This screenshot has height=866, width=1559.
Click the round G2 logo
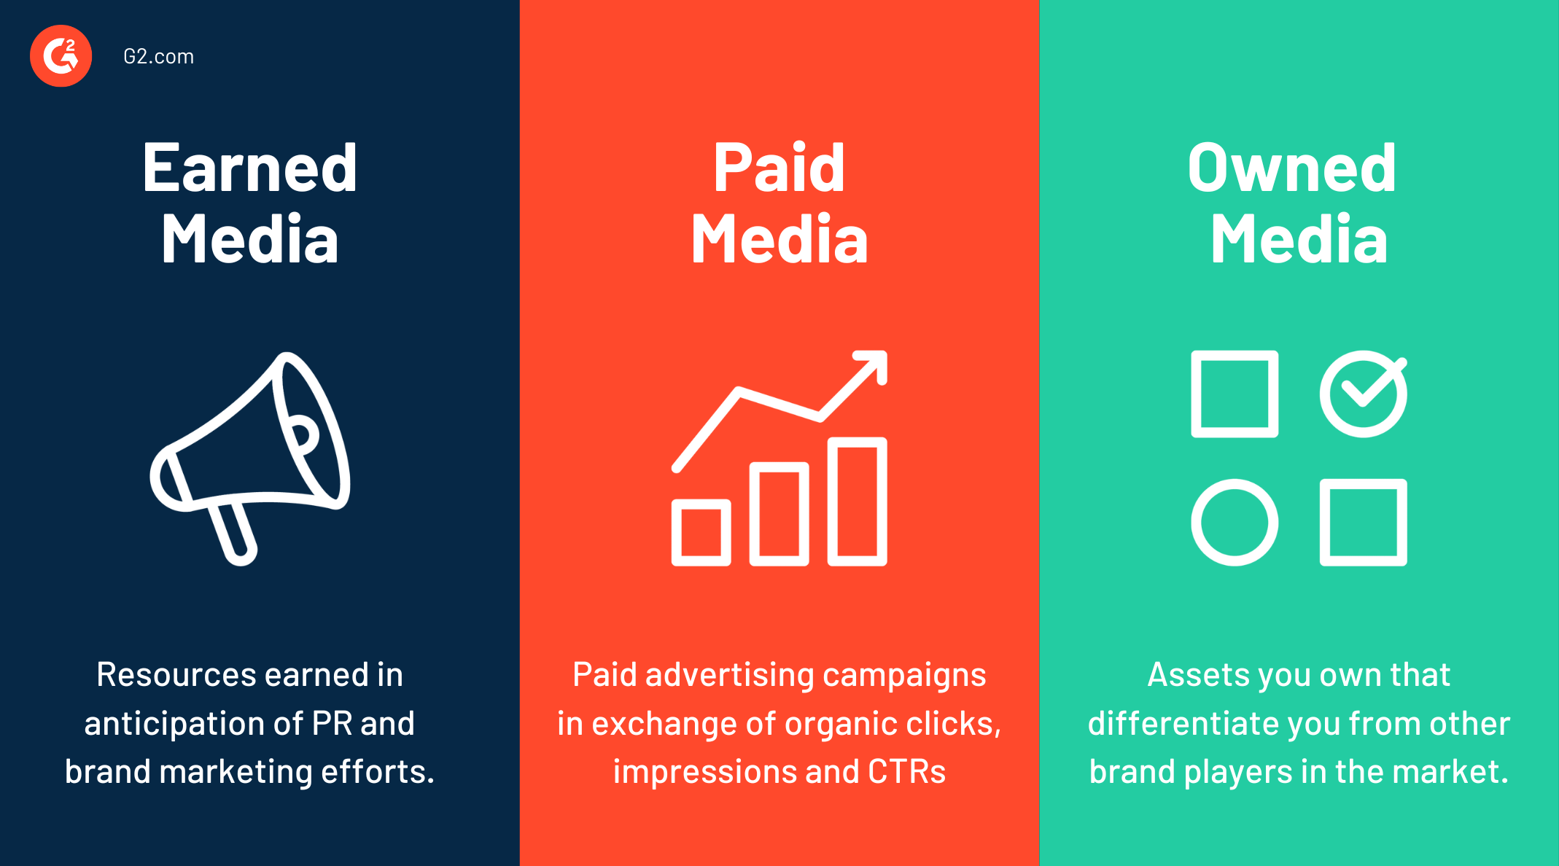[61, 56]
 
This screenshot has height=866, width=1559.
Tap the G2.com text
[159, 57]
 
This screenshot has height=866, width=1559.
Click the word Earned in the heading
[250, 168]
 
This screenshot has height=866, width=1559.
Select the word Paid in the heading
[779, 168]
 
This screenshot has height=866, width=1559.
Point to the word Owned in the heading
[1292, 168]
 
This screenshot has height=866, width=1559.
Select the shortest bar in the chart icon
[701, 533]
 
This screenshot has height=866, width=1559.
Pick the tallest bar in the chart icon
[858, 502]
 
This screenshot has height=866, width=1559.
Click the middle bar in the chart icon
[779, 514]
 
